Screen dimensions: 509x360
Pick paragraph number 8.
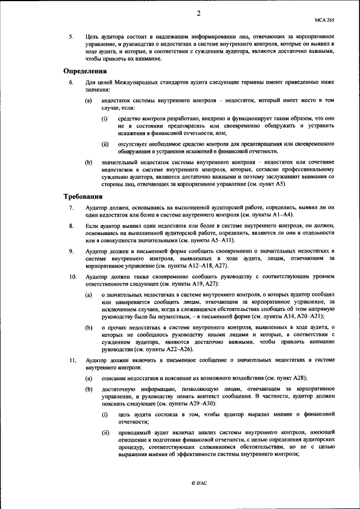tap(71, 227)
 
